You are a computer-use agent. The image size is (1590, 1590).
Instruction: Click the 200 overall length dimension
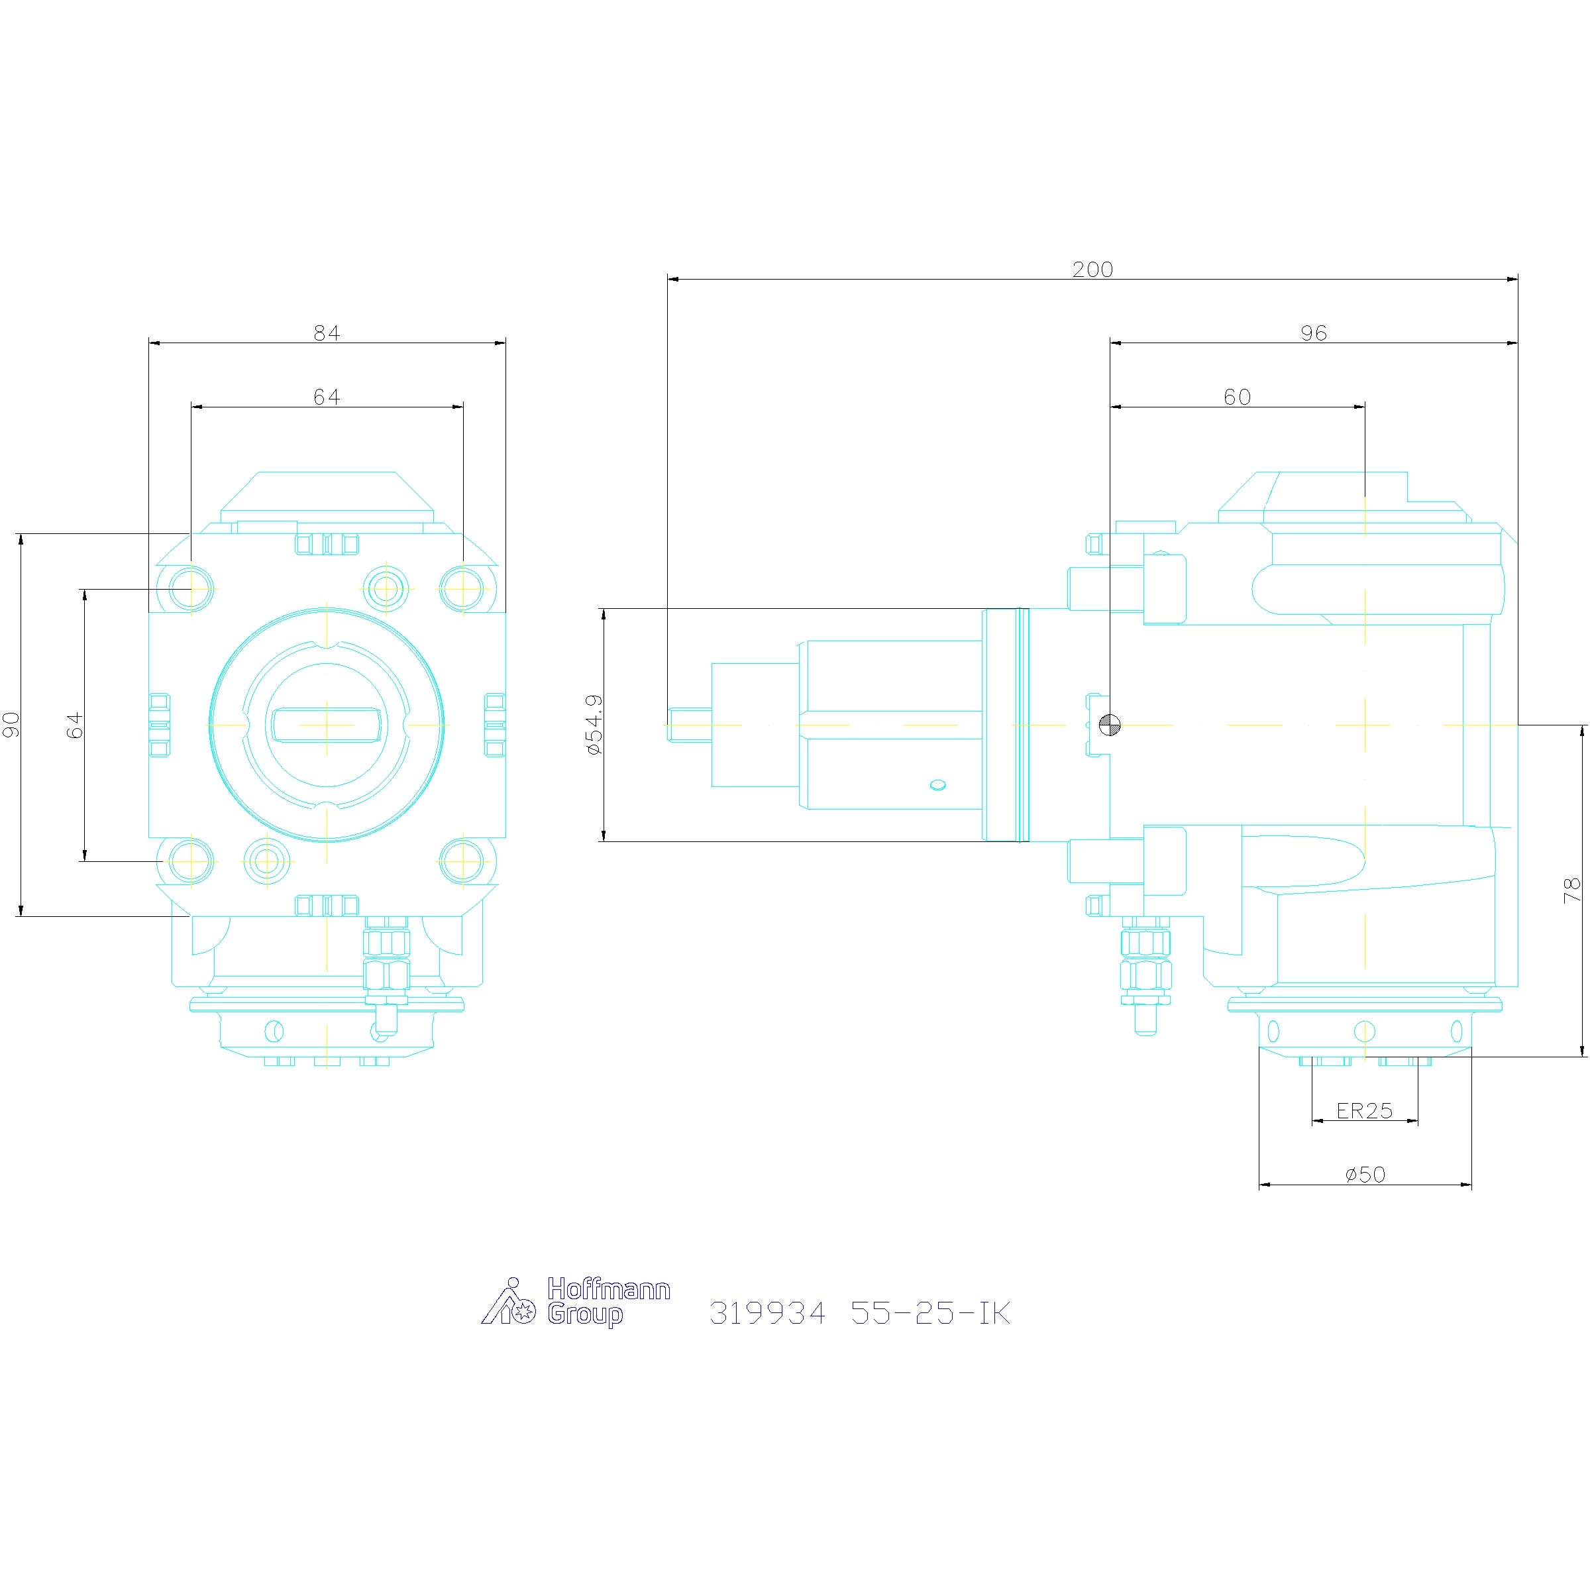(x=1092, y=270)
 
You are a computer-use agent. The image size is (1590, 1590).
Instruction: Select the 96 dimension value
(x=1314, y=333)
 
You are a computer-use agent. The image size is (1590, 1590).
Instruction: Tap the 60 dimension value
(x=1237, y=397)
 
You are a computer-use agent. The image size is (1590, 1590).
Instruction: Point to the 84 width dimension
(x=327, y=333)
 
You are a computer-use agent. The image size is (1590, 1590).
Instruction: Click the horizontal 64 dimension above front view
(x=327, y=397)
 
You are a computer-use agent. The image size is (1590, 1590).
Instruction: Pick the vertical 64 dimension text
(x=75, y=725)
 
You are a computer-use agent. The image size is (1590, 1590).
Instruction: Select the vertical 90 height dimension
(x=11, y=725)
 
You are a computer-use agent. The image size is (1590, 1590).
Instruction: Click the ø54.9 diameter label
(x=594, y=725)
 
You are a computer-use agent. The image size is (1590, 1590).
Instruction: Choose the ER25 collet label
(x=1365, y=1111)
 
